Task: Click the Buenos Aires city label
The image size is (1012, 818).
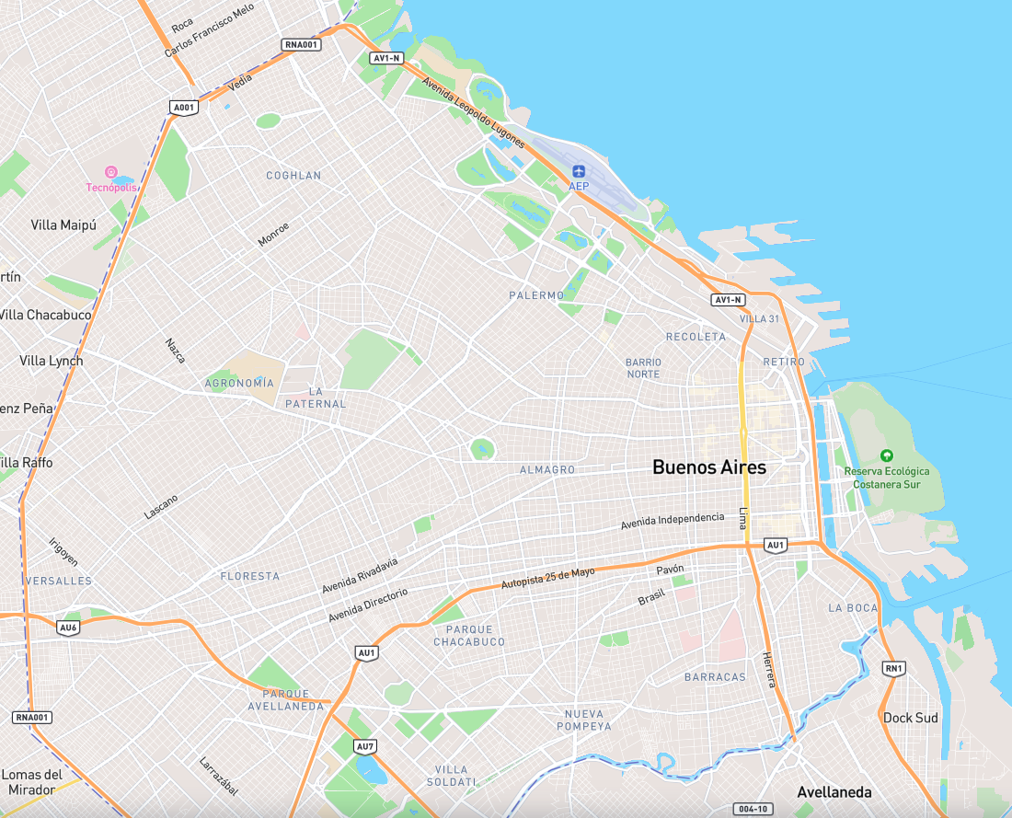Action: tap(708, 467)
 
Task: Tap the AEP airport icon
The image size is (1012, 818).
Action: tap(579, 171)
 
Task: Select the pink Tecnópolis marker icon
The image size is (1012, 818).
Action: tap(110, 172)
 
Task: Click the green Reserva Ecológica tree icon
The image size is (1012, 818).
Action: tap(886, 455)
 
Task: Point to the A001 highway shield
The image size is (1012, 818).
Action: tap(185, 108)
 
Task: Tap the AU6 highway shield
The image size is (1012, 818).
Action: tap(68, 628)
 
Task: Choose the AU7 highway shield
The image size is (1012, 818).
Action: tap(365, 746)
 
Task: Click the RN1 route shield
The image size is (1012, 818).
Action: tap(892, 668)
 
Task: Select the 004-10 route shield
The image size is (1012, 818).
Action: tap(752, 809)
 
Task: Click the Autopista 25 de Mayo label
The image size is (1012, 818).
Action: tap(547, 578)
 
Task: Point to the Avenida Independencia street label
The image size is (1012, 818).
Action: tap(672, 521)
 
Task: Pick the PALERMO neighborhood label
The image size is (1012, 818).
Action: tap(536, 295)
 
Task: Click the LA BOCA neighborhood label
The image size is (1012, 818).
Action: tap(853, 608)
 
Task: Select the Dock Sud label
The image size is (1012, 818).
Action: tap(911, 718)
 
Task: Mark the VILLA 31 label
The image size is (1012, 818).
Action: tap(759, 318)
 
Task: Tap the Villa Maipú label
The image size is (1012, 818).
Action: tap(63, 225)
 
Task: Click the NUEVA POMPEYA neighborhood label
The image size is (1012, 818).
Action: tap(585, 720)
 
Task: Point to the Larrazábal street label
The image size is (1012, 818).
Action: tap(219, 776)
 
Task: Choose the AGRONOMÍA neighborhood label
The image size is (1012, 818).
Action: tap(239, 383)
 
